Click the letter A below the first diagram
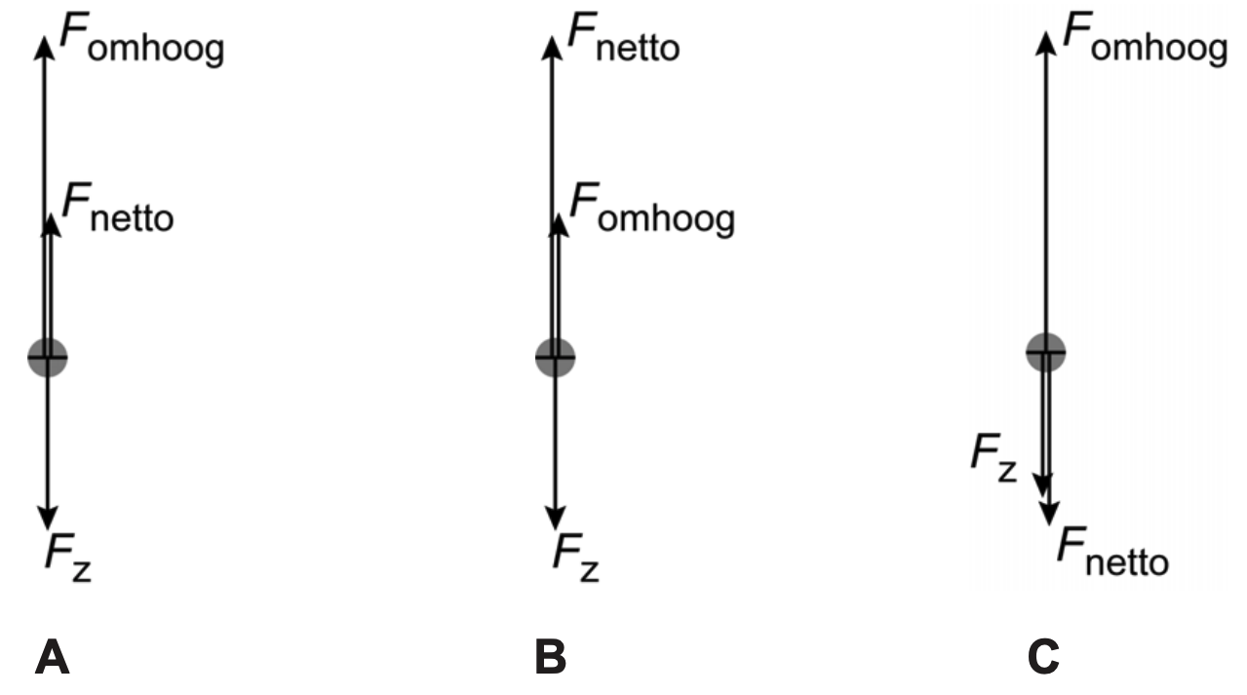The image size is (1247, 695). click(x=53, y=659)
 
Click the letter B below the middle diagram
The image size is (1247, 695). click(x=551, y=659)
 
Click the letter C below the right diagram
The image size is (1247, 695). click(x=1044, y=659)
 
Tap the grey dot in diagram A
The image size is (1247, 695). click(x=47, y=358)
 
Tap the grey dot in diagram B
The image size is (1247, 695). click(x=556, y=358)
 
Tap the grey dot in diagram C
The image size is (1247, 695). click(x=1045, y=351)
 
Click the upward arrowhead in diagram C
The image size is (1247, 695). click(x=1045, y=41)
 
